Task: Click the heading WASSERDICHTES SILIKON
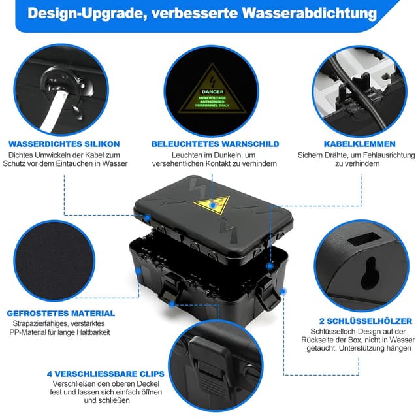[64, 144]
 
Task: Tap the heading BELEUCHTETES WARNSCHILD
[215, 144]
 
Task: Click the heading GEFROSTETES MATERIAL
[61, 313]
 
